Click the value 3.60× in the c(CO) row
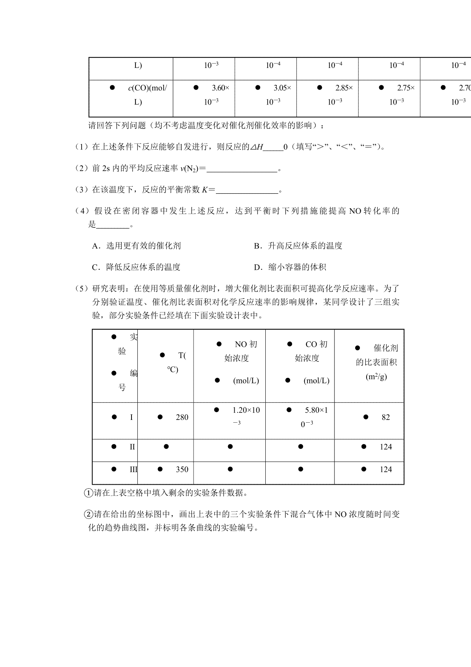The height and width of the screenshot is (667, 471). coord(220,88)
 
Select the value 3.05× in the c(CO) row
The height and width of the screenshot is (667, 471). coord(282,88)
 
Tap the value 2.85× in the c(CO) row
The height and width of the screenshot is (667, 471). coord(344,88)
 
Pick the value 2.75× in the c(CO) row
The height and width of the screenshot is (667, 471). coord(405,88)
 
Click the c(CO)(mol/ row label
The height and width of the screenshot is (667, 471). coord(147,88)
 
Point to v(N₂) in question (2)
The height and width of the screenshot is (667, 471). coord(189,169)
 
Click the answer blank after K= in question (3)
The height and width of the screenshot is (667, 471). coord(247,190)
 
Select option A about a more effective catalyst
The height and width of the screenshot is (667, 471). coord(136,246)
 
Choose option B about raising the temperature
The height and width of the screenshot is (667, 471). coord(298,246)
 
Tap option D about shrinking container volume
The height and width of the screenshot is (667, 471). coord(290,268)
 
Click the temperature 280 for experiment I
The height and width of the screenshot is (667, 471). coord(182,417)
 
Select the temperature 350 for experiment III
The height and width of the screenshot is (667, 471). coord(182,469)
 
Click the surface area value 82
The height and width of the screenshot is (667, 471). coord(385,417)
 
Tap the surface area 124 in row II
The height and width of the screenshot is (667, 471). coord(385,447)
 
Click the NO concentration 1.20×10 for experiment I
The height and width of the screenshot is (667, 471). coord(246,410)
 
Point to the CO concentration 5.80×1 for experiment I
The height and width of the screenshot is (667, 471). coord(316,410)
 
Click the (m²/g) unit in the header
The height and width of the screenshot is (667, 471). coord(376,377)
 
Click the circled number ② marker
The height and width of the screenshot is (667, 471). coord(88,515)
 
